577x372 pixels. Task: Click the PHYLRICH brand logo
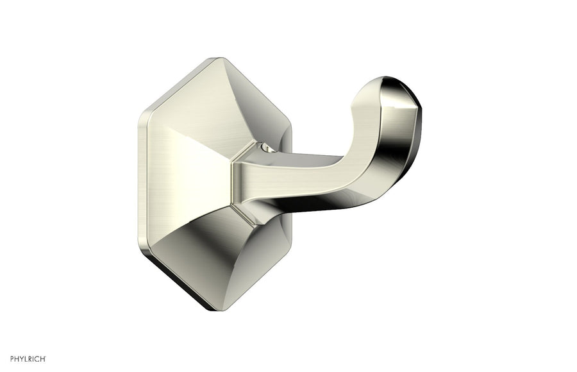[x=28, y=357]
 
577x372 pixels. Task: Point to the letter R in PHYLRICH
[x=31, y=357]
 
